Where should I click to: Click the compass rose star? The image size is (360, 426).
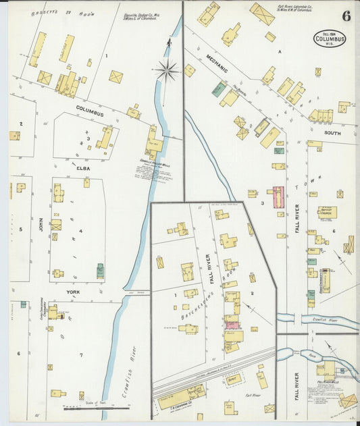[166, 68]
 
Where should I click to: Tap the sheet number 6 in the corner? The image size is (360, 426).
[345, 17]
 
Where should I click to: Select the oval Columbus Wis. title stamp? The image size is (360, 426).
[329, 38]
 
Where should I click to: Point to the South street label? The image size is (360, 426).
[332, 133]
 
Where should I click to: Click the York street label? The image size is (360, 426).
[73, 292]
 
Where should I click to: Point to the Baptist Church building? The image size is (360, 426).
[328, 212]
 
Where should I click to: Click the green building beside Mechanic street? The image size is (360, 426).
[219, 89]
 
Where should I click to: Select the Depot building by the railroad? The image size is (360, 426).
[234, 380]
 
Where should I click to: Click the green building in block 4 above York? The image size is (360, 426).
[100, 271]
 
